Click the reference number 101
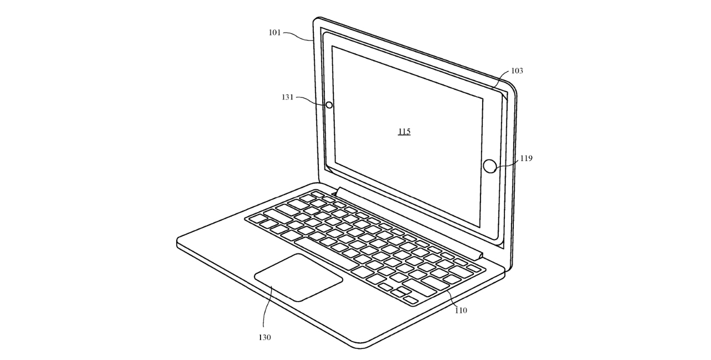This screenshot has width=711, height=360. [x=274, y=32]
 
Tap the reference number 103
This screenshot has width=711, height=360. [x=517, y=71]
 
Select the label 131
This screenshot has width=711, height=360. [x=288, y=97]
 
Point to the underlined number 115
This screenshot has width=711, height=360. [x=404, y=132]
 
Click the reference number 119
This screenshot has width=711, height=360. [x=526, y=158]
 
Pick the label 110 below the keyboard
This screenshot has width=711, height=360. [x=461, y=310]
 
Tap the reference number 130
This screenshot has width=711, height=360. [x=264, y=337]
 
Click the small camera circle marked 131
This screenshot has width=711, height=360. [x=329, y=105]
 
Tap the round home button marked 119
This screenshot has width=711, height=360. [x=490, y=166]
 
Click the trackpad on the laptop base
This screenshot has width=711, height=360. [x=298, y=277]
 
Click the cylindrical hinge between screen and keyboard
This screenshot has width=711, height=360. [x=409, y=222]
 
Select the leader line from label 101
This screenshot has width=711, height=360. [x=298, y=36]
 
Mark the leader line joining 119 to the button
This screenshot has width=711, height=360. [x=508, y=163]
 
